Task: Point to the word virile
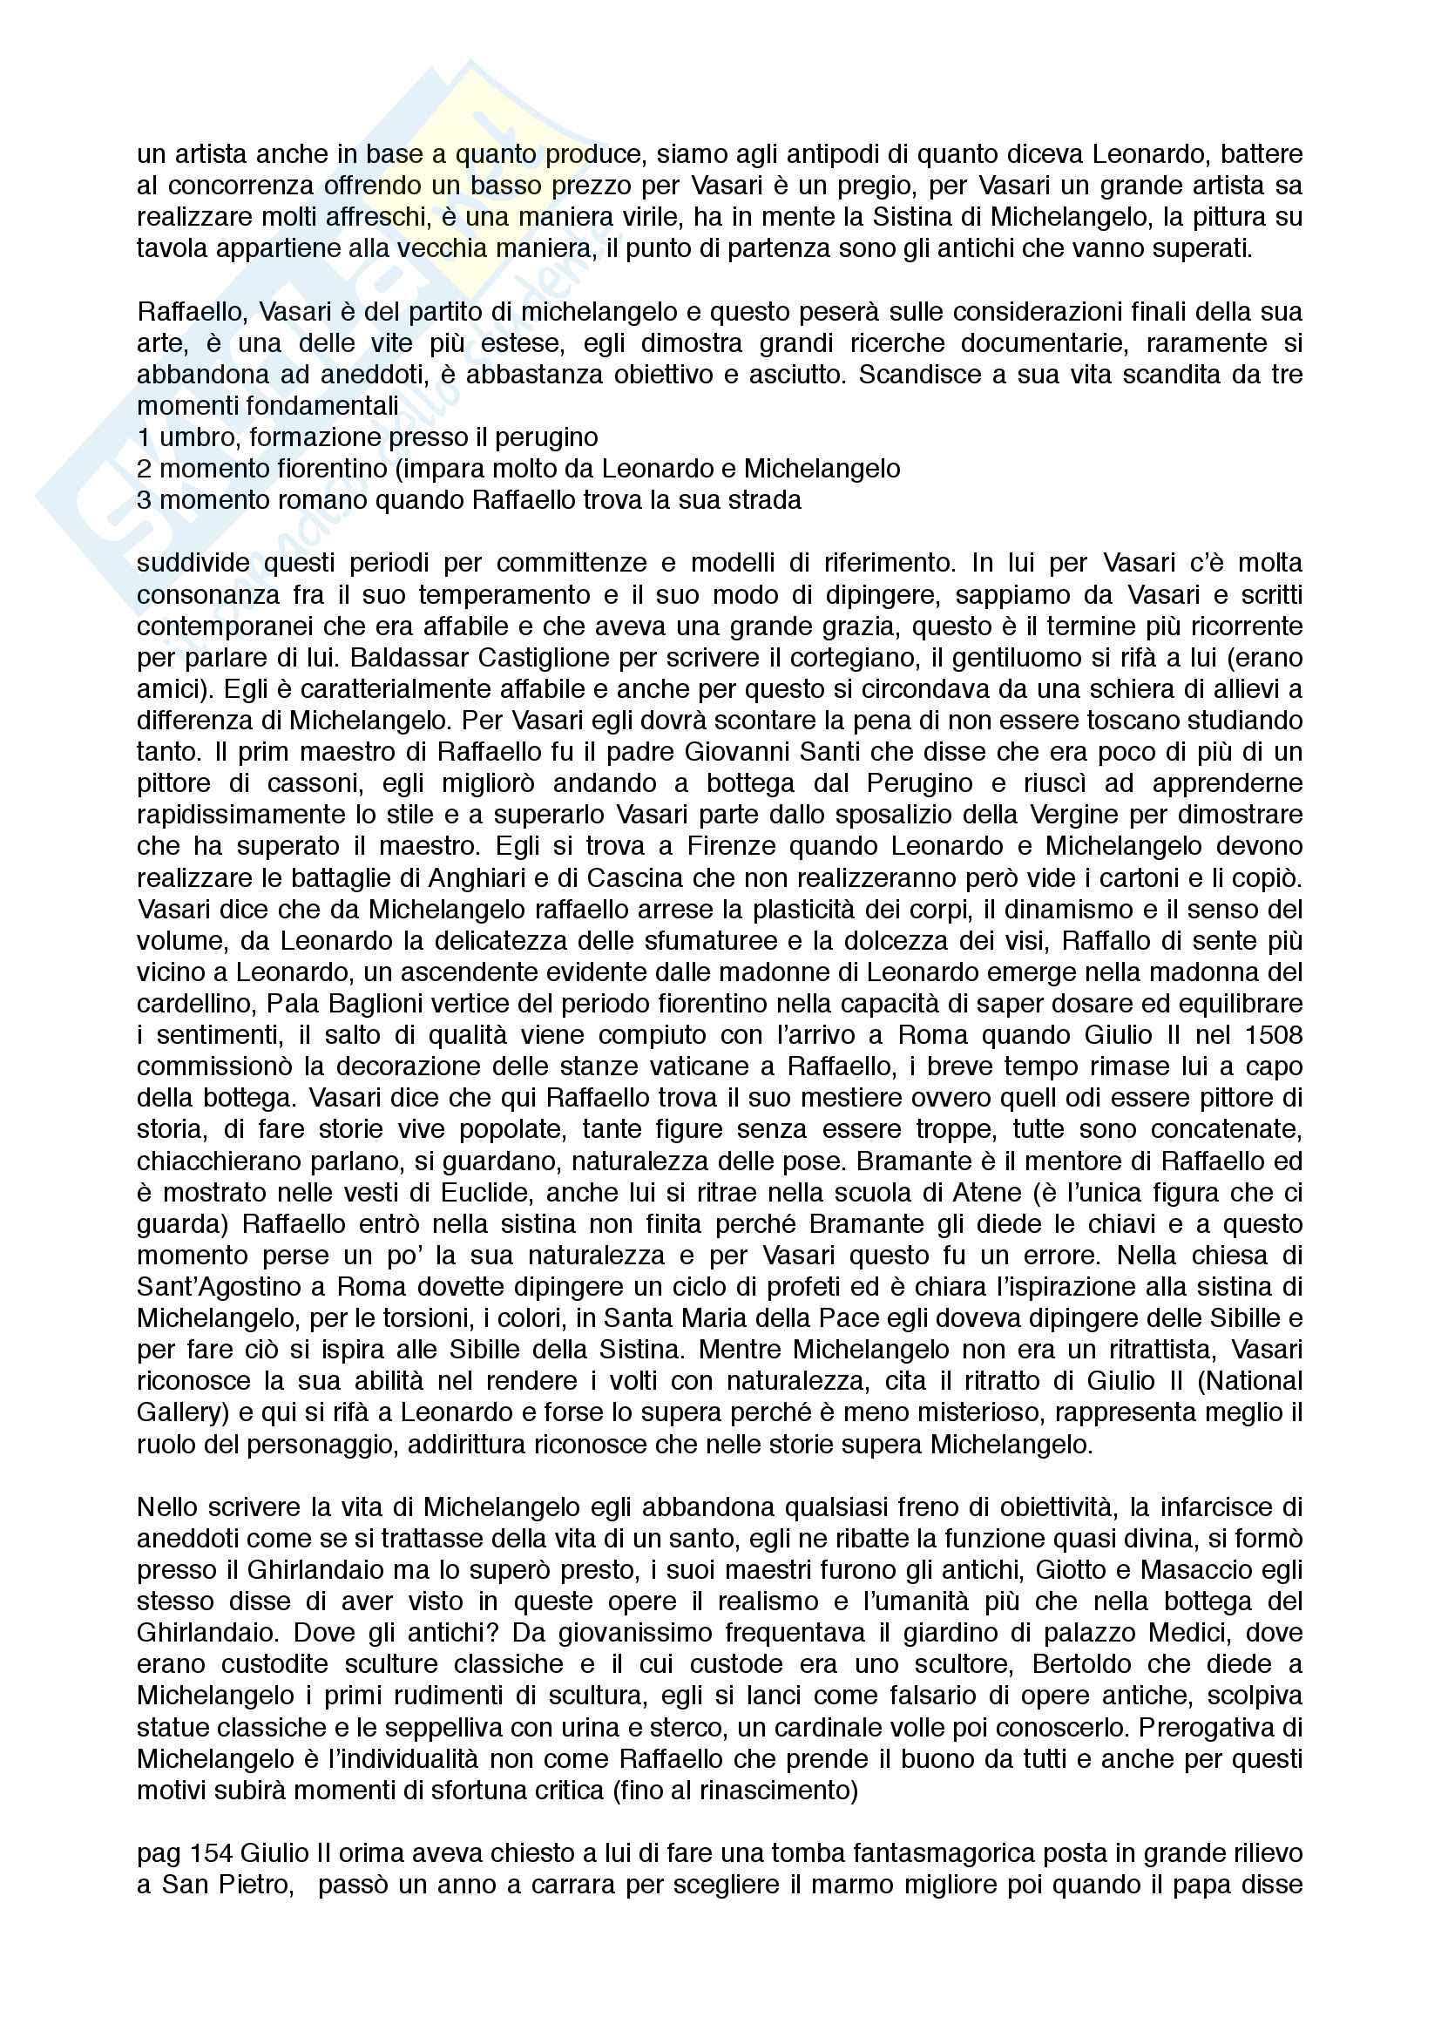tap(653, 218)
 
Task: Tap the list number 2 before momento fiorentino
tap(144, 469)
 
